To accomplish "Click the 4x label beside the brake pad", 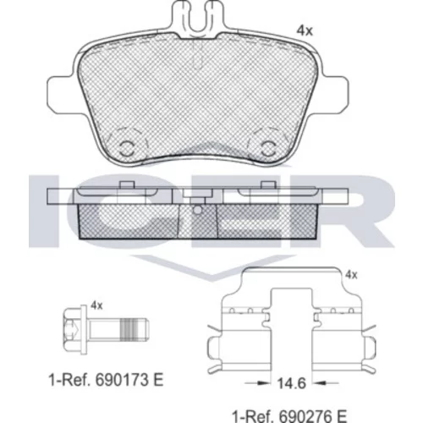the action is point(305,30).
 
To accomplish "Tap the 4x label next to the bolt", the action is point(96,305).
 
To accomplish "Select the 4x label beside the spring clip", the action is point(351,275).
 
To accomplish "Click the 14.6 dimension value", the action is point(291,383).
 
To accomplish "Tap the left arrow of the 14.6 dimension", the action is point(256,382).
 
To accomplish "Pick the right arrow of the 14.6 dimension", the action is point(327,383).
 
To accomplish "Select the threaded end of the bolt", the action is point(135,329).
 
